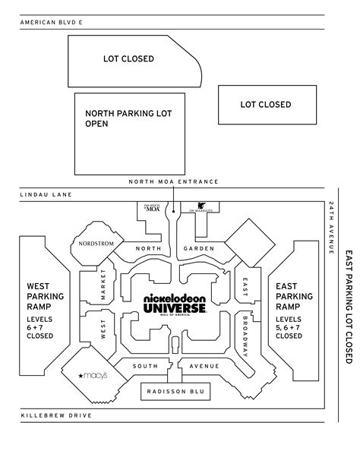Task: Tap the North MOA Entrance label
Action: [174, 181]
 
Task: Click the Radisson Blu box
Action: [175, 391]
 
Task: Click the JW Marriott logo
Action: [204, 206]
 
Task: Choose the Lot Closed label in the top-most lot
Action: [129, 58]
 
